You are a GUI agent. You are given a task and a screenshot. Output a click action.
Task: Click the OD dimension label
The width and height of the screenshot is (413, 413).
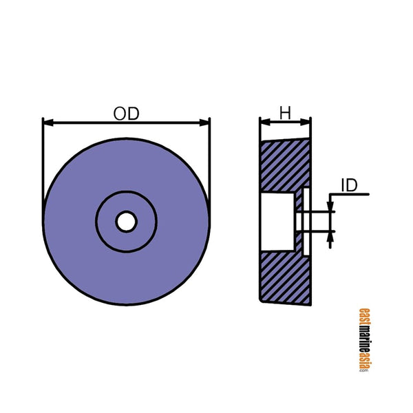(126, 114)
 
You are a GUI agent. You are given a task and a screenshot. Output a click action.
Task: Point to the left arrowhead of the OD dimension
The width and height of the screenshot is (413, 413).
(47, 123)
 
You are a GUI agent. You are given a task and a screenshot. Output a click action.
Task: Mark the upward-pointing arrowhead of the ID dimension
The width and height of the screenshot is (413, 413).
(330, 237)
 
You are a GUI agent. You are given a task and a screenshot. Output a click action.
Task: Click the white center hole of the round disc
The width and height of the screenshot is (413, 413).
(126, 222)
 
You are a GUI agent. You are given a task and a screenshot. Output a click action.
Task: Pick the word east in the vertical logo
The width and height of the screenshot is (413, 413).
(363, 319)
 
